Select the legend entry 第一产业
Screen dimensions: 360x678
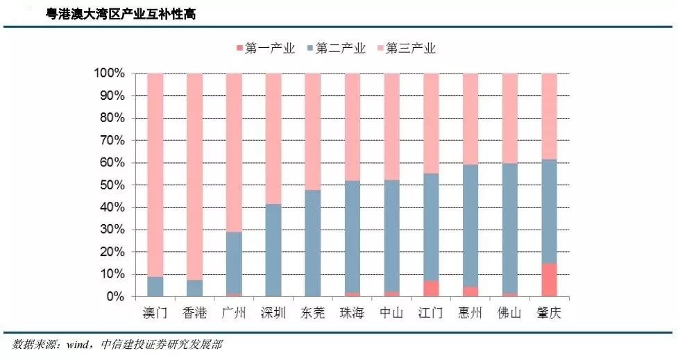click(266, 49)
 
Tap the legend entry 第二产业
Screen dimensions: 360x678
click(336, 49)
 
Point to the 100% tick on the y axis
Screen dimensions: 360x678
click(109, 74)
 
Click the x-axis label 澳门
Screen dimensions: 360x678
click(155, 314)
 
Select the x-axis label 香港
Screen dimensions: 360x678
click(194, 314)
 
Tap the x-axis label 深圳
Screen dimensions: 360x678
click(273, 314)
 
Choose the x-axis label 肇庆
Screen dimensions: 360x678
click(549, 314)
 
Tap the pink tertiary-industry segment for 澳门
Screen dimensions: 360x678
click(155, 173)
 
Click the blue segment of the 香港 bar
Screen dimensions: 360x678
click(195, 289)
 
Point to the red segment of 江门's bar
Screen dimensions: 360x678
click(431, 289)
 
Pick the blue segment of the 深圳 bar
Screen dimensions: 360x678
click(273, 250)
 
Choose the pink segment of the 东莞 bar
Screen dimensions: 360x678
click(313, 132)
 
